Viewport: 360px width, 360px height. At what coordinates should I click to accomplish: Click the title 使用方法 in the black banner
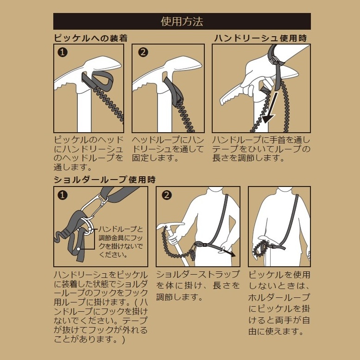point(182,21)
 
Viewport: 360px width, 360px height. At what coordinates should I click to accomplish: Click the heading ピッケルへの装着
point(91,38)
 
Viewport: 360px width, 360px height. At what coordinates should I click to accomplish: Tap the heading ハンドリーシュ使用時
point(260,38)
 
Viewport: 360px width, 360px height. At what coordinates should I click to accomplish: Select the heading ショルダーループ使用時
point(105,180)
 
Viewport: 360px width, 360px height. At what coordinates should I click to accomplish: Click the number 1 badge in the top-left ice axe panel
point(63,52)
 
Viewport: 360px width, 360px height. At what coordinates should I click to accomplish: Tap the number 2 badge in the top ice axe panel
point(143,52)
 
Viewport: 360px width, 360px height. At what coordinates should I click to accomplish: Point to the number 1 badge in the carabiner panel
point(63,195)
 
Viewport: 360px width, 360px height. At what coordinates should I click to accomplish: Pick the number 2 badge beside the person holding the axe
point(167,195)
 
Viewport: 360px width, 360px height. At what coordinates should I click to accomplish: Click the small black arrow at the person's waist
point(230,252)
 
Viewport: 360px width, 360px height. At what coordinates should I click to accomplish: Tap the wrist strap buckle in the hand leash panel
point(274,60)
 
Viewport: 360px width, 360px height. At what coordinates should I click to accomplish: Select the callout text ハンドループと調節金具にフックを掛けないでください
point(121,242)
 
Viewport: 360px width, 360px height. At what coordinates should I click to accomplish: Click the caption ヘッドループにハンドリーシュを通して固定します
point(168,149)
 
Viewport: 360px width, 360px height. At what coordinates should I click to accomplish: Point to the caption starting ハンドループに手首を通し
point(261,149)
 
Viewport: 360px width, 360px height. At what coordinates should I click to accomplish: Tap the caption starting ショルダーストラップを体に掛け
point(198,286)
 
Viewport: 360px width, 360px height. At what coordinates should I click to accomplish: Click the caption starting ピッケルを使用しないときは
point(279,303)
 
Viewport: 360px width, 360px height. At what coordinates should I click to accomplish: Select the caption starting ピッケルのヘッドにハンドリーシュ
point(89,154)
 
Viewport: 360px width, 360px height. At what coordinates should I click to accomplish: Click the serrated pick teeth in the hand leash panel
point(230,97)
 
